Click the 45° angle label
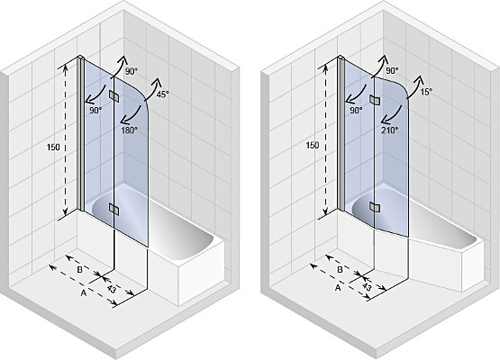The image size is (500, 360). coord(163,94)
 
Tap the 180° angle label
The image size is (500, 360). coord(129,130)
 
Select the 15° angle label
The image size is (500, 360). coord(426,92)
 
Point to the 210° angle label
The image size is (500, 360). coord(390,130)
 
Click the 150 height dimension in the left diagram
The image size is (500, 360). coord(53,148)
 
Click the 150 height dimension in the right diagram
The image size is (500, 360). coord(313,145)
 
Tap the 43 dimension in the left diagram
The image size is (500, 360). coord(112,289)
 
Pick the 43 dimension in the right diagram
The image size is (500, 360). coord(367,287)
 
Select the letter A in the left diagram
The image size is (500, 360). coord(84,292)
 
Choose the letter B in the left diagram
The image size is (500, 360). coord(80,269)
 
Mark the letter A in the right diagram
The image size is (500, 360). coord(338,288)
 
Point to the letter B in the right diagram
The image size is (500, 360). coord(340,269)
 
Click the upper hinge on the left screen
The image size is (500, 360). coord(114,96)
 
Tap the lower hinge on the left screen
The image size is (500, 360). coord(114,209)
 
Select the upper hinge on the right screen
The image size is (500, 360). coord(375,100)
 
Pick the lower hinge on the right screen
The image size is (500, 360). coord(375,207)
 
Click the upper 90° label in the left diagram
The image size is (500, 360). coord(131,72)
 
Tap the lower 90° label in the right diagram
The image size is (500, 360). coord(356,110)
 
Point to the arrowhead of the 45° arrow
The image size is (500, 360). coord(157,82)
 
